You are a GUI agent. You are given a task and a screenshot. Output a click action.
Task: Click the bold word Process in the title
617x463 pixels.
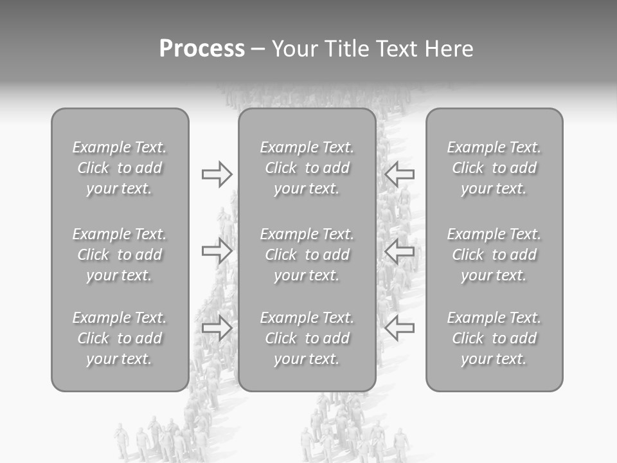[202, 49]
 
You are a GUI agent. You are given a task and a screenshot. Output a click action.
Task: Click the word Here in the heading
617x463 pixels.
[449, 49]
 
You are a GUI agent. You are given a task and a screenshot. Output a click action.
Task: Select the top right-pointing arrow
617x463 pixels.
[217, 174]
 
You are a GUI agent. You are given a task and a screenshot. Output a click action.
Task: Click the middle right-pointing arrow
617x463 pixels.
[217, 251]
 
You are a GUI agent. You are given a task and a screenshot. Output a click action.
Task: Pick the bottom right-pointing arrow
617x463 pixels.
[217, 328]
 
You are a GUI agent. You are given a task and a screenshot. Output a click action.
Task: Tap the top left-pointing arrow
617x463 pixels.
[400, 174]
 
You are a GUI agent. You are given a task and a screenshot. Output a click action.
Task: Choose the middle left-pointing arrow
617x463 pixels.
[400, 251]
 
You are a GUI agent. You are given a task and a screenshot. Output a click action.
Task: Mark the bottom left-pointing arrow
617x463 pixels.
[400, 328]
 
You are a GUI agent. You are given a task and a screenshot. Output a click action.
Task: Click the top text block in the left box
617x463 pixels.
[120, 168]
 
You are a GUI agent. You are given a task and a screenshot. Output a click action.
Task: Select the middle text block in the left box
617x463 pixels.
[120, 255]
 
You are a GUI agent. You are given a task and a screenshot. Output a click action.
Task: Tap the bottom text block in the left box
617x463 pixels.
[120, 338]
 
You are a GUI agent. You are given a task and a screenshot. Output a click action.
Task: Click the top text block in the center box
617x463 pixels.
[307, 168]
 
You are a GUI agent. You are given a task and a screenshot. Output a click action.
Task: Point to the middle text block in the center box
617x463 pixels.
[307, 255]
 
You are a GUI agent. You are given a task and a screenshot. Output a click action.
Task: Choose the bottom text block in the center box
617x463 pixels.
[307, 338]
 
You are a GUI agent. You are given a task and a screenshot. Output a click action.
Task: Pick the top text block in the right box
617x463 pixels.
[494, 168]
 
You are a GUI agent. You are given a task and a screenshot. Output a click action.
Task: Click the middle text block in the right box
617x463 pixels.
[494, 255]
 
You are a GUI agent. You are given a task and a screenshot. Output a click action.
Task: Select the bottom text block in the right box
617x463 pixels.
[494, 338]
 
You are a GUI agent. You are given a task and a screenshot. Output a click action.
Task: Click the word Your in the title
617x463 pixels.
[295, 49]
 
